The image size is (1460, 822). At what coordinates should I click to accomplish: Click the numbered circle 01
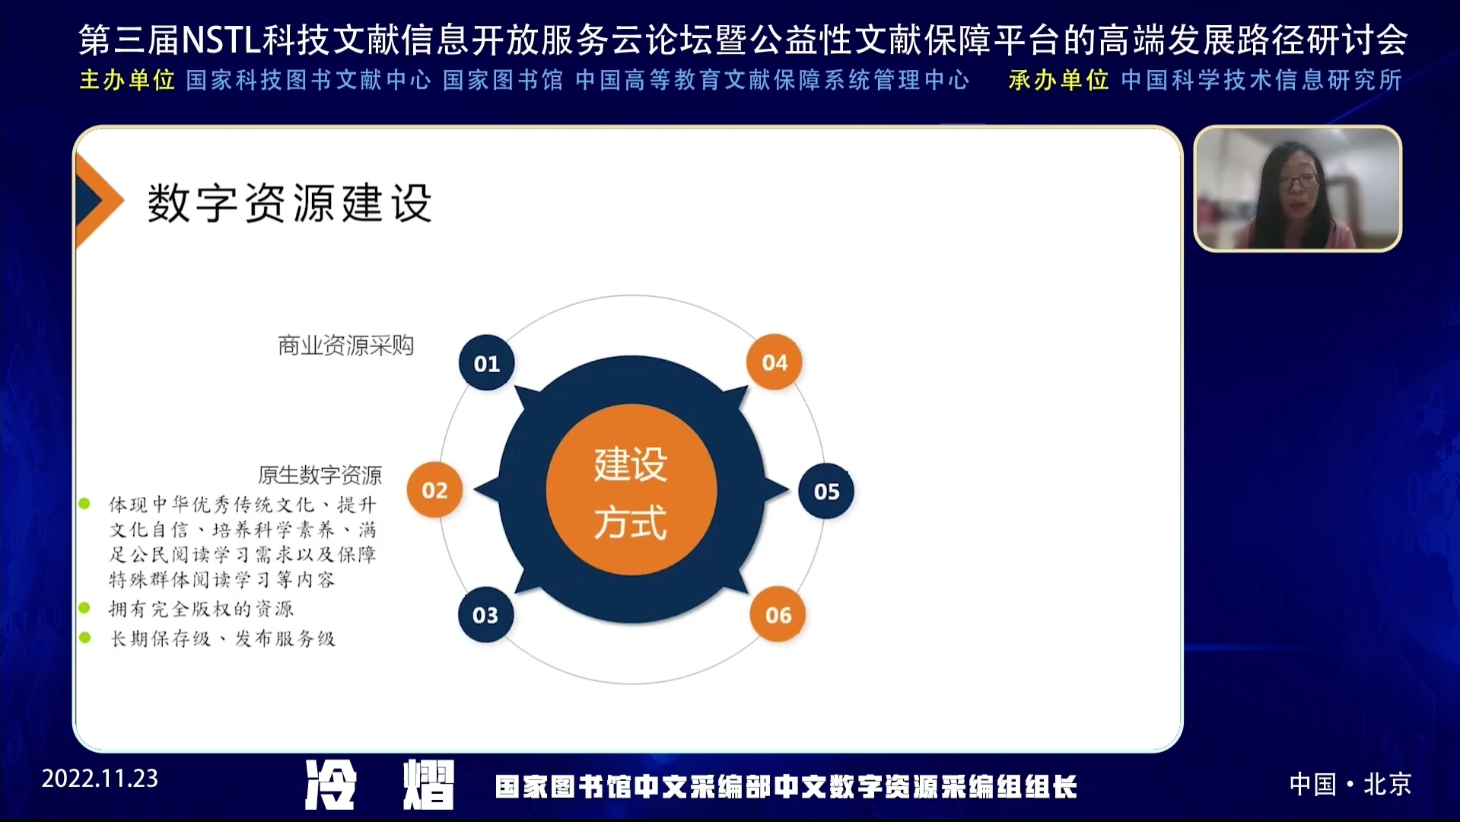coord(487,363)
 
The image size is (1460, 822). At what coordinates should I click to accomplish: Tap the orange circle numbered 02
coord(434,490)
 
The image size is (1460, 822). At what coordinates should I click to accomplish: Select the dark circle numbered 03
coord(485,614)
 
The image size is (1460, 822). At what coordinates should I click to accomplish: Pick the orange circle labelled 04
coord(775,362)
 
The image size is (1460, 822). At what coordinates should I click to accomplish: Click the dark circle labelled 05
coord(826,491)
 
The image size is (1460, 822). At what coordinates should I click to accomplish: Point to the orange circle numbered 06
coord(778,614)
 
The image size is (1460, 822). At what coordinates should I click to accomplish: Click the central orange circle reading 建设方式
coord(631,490)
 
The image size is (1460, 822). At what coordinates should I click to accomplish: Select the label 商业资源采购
coord(345,346)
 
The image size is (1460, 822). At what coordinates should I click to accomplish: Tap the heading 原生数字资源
coord(320,475)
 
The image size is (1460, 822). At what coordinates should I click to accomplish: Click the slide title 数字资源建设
coord(290,202)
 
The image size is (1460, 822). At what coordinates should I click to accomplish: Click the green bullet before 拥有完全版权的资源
coord(84,608)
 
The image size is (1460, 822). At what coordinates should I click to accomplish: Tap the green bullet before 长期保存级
coord(84,638)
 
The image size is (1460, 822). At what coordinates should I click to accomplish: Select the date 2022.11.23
coord(100,779)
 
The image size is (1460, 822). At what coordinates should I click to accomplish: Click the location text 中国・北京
coord(1350,784)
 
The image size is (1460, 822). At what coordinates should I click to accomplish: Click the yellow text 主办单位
coord(127,80)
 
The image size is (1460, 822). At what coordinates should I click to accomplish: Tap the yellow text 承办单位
coord(1058,80)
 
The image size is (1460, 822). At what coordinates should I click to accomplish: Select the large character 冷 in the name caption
coord(331,785)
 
